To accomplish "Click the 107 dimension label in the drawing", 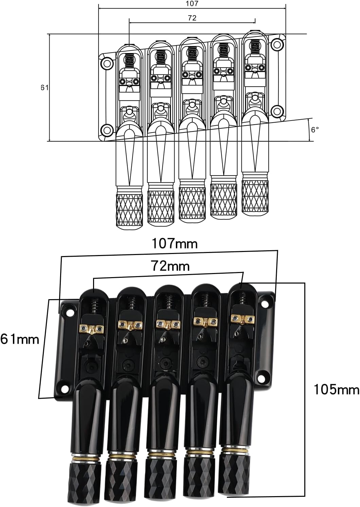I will [192, 4].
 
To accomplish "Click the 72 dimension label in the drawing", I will [192, 18].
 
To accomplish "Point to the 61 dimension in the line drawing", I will [44, 88].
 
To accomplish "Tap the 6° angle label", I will [315, 130].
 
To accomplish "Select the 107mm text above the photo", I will [174, 244].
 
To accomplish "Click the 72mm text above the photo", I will [170, 266].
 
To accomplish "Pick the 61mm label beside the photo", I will [20, 339].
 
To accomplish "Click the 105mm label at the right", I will [336, 390].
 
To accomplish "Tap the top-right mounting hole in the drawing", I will [278, 44].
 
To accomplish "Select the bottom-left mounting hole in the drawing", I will [107, 130].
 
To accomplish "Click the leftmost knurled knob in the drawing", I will [129, 211].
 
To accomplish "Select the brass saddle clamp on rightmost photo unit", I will [242, 319].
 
